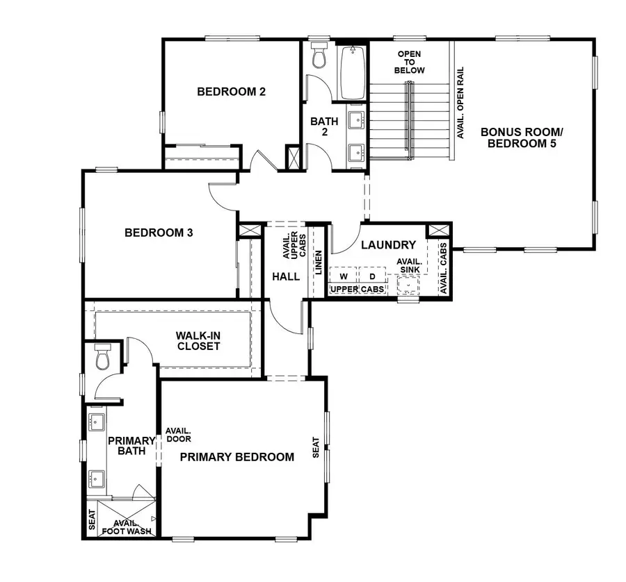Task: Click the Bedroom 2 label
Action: pos(232,91)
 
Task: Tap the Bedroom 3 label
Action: pos(159,233)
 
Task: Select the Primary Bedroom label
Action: pos(236,457)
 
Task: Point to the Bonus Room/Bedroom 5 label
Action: pos(522,138)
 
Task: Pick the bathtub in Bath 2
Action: pos(351,72)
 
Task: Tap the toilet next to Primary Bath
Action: pos(102,357)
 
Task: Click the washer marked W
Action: pos(344,276)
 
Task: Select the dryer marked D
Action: pos(372,276)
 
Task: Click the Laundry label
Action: pos(388,245)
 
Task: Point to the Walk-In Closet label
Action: pos(198,340)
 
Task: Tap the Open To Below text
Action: pos(409,63)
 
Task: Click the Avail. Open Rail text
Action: pos(460,103)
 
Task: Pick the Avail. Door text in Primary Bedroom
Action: pos(178,434)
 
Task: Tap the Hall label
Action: pos(286,276)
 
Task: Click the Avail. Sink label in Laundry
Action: pos(408,266)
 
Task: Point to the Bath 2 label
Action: pos(324,126)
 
